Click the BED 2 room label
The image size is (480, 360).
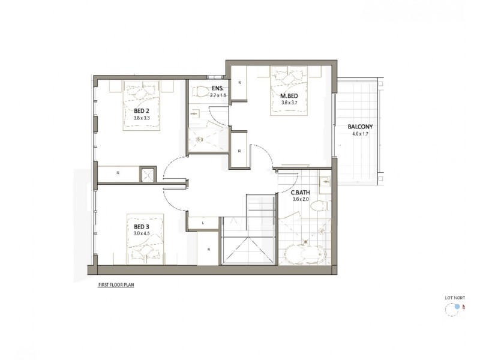[x=142, y=111]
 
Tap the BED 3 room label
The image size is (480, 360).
[x=142, y=226]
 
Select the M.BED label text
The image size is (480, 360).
[x=290, y=96]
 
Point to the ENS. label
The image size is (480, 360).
[x=217, y=88]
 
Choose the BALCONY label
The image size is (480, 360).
[x=360, y=127]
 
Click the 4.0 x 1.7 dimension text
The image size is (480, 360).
[x=360, y=134]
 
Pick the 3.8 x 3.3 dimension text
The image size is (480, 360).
[x=142, y=118]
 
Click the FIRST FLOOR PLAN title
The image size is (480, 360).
[x=116, y=286]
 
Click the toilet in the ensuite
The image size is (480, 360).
[x=201, y=92]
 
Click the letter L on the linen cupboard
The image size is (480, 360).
[x=203, y=223]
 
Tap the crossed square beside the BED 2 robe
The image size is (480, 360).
[x=148, y=175]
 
